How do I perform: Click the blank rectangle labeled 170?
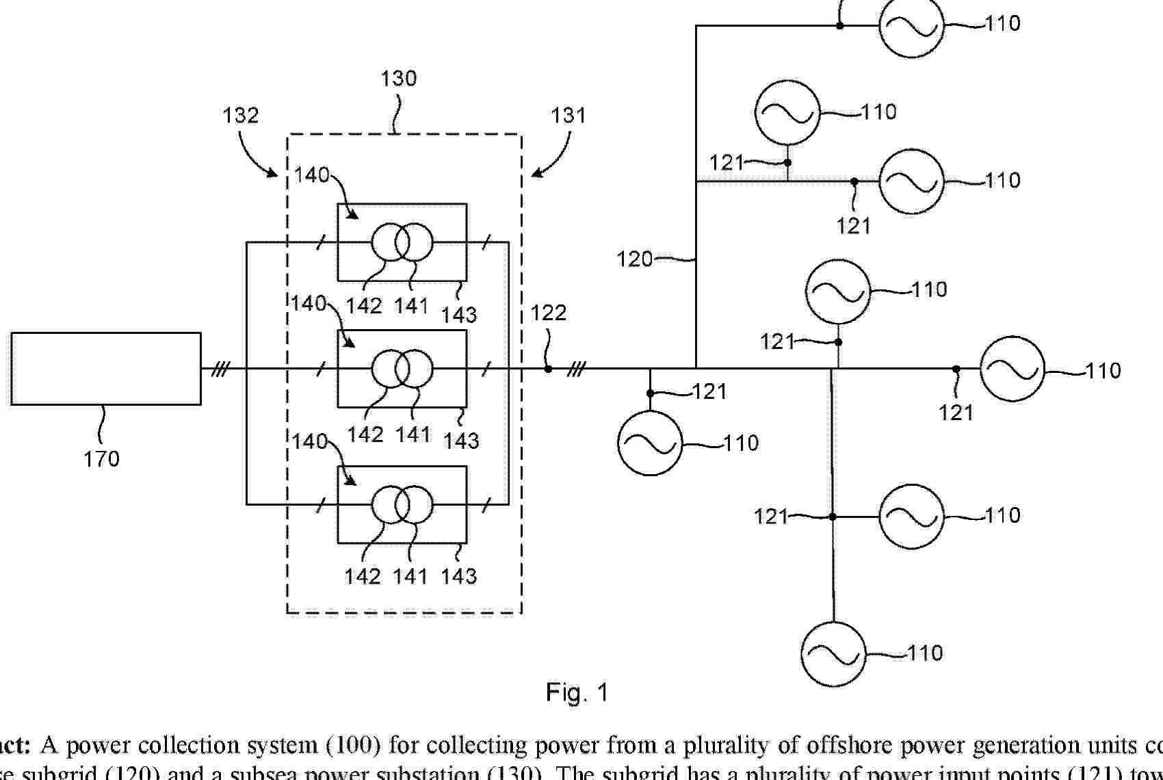(x=106, y=369)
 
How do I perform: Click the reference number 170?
(x=101, y=459)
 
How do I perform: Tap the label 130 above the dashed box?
(x=398, y=79)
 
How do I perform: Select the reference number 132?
(x=241, y=115)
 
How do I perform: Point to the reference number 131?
(x=569, y=115)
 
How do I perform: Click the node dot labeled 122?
(x=548, y=369)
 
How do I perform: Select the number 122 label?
(x=549, y=313)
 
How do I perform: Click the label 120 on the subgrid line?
(x=634, y=260)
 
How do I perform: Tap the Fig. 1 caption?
(x=577, y=693)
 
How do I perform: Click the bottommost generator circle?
(x=833, y=654)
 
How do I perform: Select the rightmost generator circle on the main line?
(x=1012, y=369)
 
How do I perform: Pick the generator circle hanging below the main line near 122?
(x=650, y=443)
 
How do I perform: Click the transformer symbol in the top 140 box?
(x=402, y=242)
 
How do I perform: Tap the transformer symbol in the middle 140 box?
(x=402, y=369)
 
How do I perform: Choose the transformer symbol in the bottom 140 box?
(x=402, y=505)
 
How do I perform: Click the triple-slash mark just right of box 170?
(x=220, y=369)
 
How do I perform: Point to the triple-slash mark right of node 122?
(x=577, y=369)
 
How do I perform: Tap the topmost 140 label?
(x=312, y=175)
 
